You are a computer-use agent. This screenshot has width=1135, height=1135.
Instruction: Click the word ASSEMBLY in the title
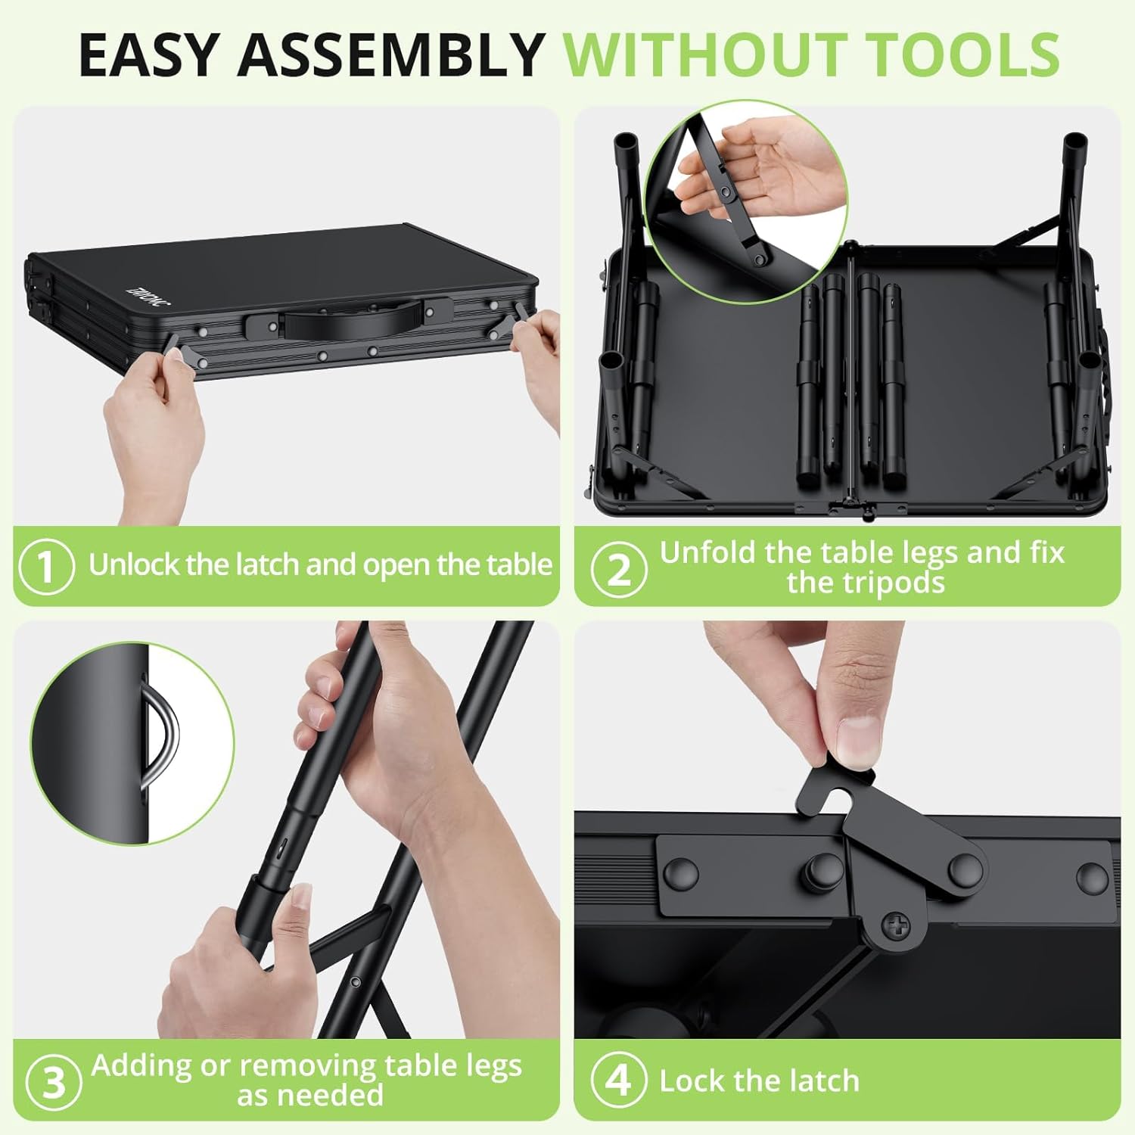pos(391,54)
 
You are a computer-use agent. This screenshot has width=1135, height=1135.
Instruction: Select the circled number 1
pos(47,566)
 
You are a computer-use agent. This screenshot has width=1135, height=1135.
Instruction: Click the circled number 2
pos(619,569)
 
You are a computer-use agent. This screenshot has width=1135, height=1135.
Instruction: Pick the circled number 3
pos(54,1082)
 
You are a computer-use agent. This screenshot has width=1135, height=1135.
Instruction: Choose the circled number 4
pos(619,1080)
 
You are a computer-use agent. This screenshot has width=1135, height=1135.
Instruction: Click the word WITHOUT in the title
pos(707,54)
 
